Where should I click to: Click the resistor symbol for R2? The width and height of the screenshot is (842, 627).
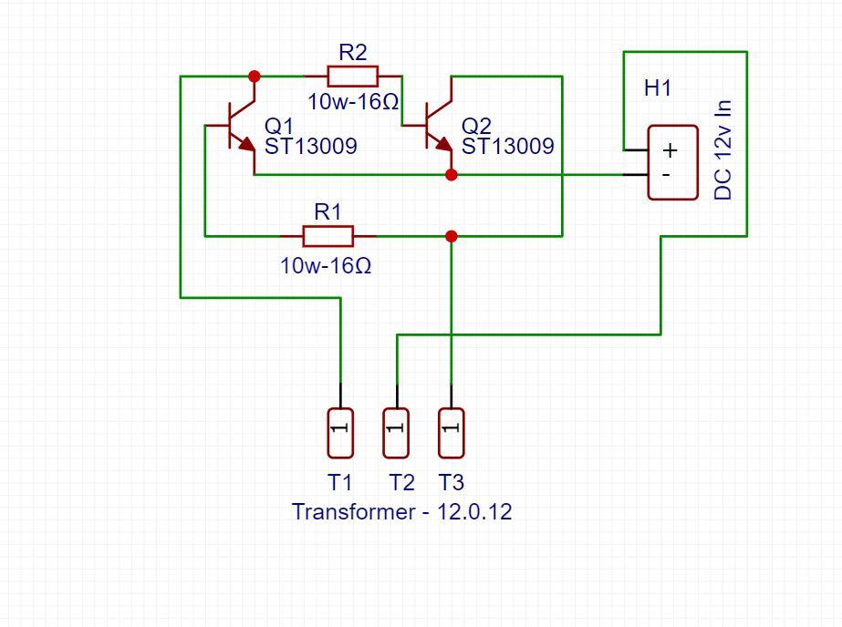point(352,77)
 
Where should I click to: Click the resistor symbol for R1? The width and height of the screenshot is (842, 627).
point(327,236)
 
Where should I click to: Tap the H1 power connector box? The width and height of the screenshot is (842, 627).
point(672,162)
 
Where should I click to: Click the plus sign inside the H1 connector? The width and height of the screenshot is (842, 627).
point(670,151)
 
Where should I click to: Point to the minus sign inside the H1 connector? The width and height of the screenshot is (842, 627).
point(667,173)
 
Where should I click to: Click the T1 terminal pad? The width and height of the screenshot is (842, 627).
point(340,433)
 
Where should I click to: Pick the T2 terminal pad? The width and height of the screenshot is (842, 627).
point(396,433)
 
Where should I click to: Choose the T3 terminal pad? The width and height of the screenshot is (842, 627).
point(451,433)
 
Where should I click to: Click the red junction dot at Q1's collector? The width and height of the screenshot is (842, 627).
point(255,77)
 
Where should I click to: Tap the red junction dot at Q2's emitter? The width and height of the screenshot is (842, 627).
point(451,174)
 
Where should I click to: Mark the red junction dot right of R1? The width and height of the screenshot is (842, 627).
point(451,236)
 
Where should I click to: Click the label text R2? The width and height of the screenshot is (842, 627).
point(353,52)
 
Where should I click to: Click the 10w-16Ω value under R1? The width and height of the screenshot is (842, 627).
point(327,266)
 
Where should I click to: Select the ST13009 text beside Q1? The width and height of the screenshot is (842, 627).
point(310,146)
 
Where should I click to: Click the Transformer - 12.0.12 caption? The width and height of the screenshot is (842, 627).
point(401,512)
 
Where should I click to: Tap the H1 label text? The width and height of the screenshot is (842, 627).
point(658,88)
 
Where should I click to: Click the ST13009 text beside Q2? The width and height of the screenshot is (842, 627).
point(507,146)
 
